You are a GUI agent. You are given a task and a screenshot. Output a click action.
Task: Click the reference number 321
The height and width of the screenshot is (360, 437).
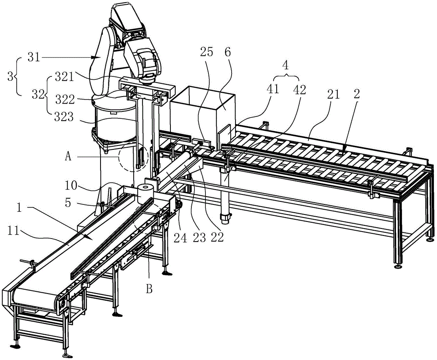tap(64, 76)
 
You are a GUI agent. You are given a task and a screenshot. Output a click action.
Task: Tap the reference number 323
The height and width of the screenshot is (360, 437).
tap(64, 117)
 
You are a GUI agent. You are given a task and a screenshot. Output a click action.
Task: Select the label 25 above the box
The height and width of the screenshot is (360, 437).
tap(207, 52)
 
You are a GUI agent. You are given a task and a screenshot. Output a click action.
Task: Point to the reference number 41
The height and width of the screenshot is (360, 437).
tap(273, 90)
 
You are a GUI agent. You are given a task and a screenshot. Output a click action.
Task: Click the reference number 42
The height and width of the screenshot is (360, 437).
tap(300, 90)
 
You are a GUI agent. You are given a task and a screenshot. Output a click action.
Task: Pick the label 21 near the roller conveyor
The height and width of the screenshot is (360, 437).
tap(333, 94)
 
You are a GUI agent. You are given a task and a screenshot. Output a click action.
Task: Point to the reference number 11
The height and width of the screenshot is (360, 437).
tap(13, 231)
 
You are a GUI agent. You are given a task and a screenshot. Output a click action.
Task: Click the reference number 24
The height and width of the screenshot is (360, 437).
tap(180, 238)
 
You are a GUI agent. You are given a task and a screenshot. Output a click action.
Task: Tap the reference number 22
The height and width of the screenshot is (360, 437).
tap(218, 237)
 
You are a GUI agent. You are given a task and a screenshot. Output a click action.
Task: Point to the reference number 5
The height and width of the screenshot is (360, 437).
tap(68, 203)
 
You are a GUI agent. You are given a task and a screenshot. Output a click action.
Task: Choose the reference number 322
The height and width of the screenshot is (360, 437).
tap(65, 100)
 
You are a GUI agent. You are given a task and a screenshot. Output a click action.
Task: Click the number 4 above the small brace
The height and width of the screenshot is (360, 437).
tap(285, 66)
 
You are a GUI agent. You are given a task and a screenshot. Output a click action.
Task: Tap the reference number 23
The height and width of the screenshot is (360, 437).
tap(199, 238)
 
